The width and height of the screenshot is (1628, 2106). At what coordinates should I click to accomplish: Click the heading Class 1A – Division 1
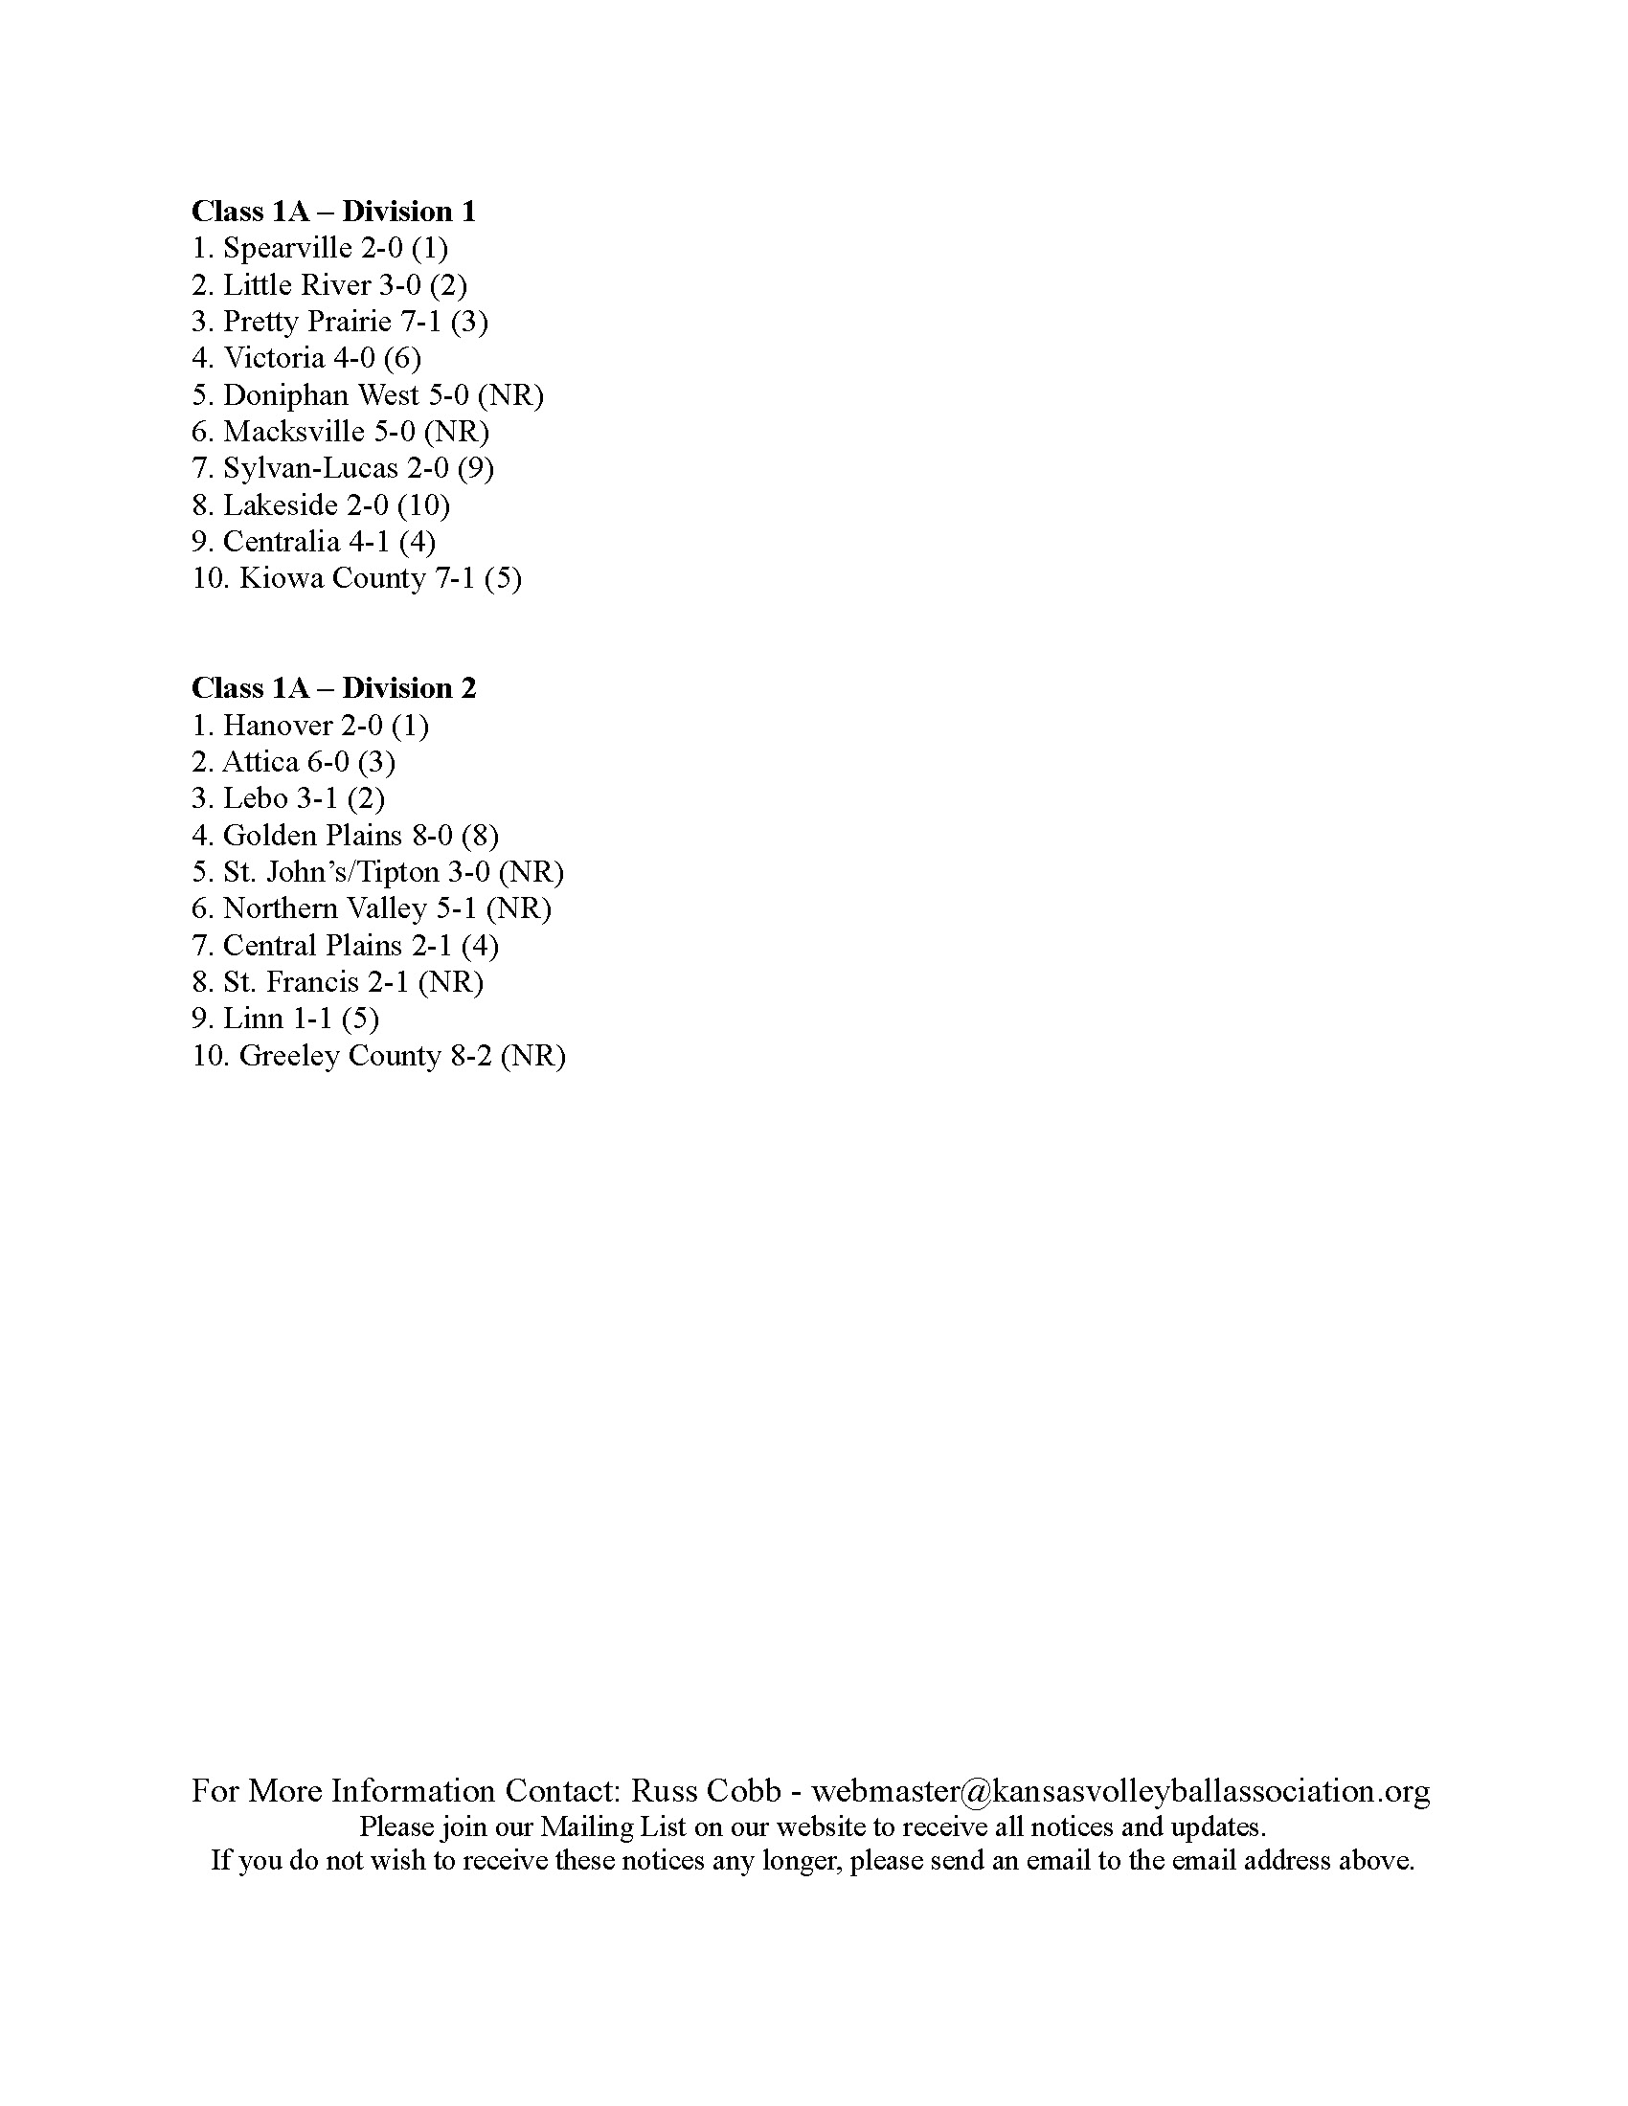pyautogui.click(x=333, y=212)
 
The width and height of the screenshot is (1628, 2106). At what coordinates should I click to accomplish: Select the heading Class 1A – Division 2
pyautogui.click(x=333, y=687)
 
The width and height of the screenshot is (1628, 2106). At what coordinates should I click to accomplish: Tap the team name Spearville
pyautogui.click(x=287, y=249)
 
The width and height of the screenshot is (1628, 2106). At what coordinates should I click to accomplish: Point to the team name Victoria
pyautogui.click(x=274, y=358)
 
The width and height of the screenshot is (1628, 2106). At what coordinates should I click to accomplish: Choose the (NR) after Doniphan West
pyautogui.click(x=510, y=395)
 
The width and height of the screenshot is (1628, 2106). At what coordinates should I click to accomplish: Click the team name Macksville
pyautogui.click(x=294, y=431)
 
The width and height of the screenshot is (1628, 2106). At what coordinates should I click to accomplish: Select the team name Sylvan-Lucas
pyautogui.click(x=309, y=469)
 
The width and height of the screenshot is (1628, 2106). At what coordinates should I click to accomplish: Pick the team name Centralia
pyautogui.click(x=281, y=542)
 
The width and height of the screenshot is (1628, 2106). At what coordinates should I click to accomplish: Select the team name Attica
pyautogui.click(x=260, y=762)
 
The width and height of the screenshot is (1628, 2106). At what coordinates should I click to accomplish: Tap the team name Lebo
pyautogui.click(x=256, y=798)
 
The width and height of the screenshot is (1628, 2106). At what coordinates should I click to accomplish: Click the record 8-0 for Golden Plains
pyautogui.click(x=432, y=835)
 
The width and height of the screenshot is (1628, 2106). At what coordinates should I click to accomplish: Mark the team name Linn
pyautogui.click(x=253, y=1019)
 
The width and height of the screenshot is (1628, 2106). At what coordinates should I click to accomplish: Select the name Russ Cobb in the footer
pyautogui.click(x=705, y=1791)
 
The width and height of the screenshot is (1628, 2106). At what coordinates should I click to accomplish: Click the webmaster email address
pyautogui.click(x=1119, y=1791)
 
